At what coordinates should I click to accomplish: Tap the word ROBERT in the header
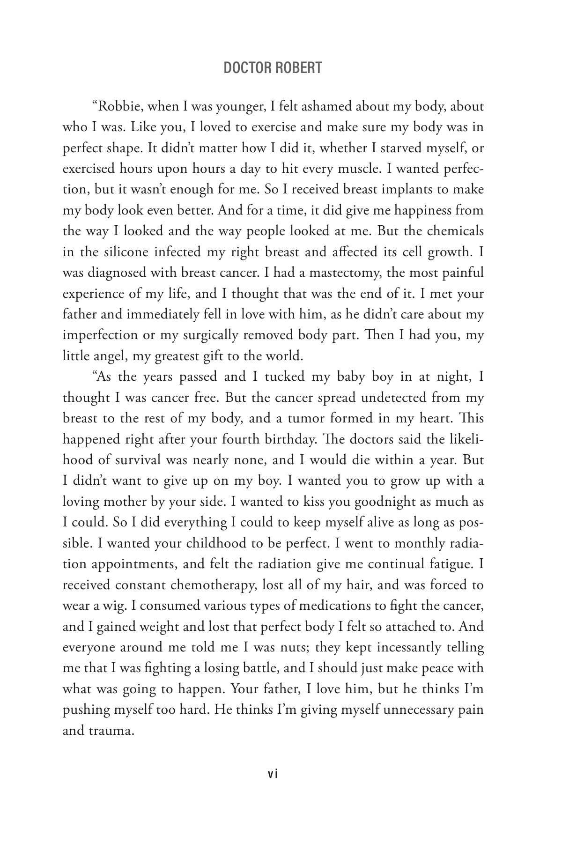(299, 68)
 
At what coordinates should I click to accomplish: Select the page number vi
(273, 775)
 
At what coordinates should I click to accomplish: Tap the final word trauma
(111, 731)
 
